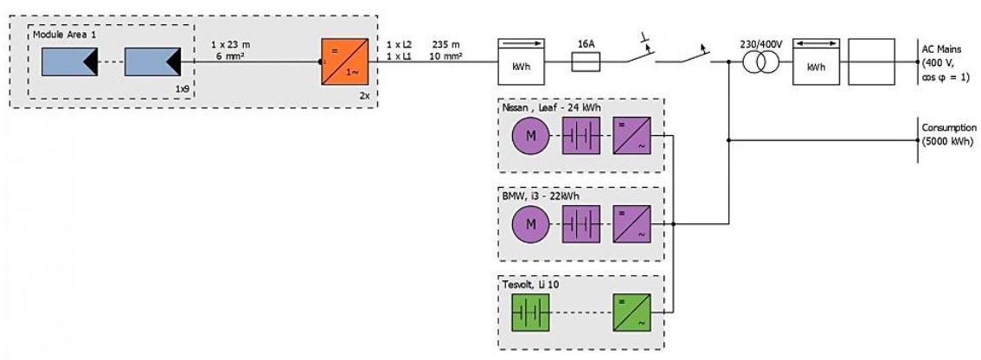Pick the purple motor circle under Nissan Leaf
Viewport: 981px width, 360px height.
pyautogui.click(x=529, y=137)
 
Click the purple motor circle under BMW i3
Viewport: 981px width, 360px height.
pyautogui.click(x=529, y=225)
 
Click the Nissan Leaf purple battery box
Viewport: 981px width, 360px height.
pyautogui.click(x=580, y=137)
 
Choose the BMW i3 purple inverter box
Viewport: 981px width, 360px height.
pyautogui.click(x=630, y=225)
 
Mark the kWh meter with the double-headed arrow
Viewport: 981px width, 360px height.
pyautogui.click(x=813, y=61)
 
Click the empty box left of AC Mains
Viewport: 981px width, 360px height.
pyautogui.click(x=874, y=61)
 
